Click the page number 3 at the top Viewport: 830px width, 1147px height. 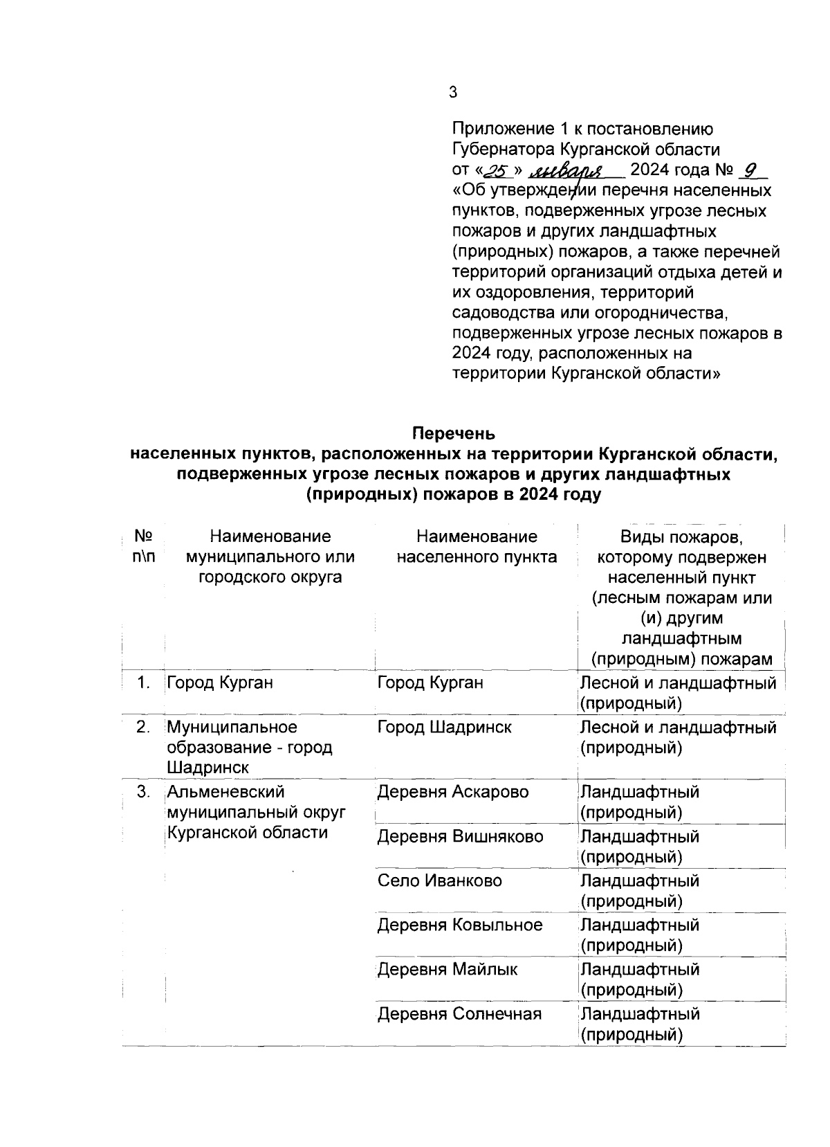click(x=453, y=92)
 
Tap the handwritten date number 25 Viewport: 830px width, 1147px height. click(x=497, y=170)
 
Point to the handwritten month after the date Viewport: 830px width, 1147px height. click(x=567, y=170)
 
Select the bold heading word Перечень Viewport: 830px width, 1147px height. click(x=454, y=434)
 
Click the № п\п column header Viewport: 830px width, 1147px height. click(x=143, y=546)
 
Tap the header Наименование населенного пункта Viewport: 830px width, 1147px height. click(x=477, y=546)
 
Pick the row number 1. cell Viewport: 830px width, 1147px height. click(x=143, y=683)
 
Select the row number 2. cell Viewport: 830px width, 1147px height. click(x=143, y=727)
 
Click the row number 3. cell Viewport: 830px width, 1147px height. click(x=143, y=791)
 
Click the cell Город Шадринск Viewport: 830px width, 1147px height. click(x=444, y=727)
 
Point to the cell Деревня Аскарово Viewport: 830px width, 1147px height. click(x=452, y=791)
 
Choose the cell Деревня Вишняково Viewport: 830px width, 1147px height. click(x=460, y=836)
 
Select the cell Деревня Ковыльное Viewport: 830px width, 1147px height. click(x=460, y=925)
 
